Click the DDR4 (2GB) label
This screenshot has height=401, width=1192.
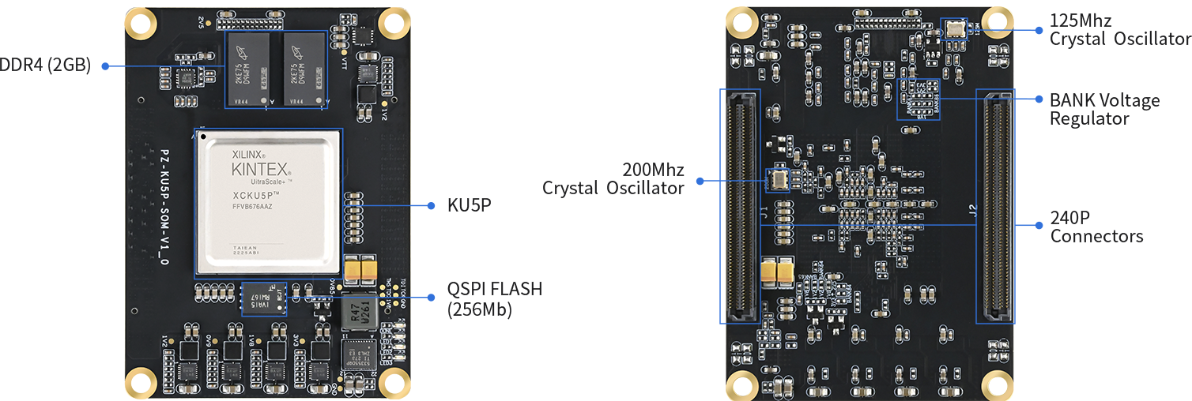(45, 66)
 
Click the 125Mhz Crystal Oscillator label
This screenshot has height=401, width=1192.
(1119, 29)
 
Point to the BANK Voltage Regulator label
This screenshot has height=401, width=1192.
(1103, 109)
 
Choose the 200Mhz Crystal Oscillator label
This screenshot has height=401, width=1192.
(613, 179)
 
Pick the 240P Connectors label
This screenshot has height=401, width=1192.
(1096, 226)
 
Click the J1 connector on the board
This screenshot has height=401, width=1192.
(739, 205)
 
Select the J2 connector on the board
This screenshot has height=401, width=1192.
(996, 205)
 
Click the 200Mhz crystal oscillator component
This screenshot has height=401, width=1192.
(778, 180)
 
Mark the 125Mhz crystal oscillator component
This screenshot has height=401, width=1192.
(955, 29)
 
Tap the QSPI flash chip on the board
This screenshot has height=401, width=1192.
(264, 298)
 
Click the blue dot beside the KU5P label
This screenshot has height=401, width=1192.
(431, 205)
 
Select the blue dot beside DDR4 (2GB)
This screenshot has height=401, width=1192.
(104, 66)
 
